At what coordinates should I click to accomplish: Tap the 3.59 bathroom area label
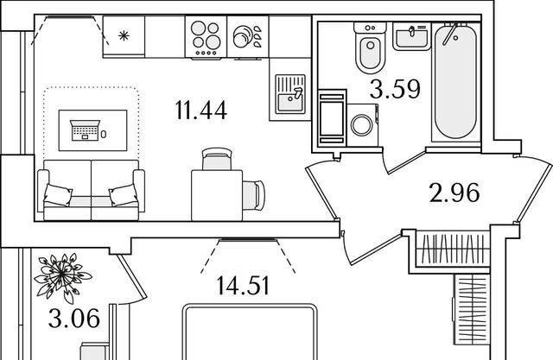click(396, 89)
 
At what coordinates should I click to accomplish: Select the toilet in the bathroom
click(369, 48)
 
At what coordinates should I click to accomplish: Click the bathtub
click(455, 85)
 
